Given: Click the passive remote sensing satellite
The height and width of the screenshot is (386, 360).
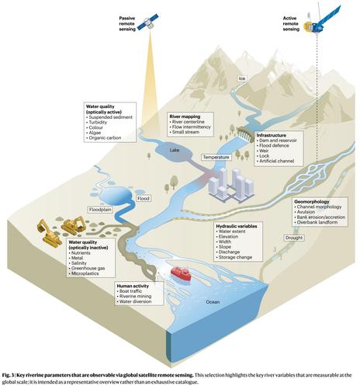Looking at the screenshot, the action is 148,22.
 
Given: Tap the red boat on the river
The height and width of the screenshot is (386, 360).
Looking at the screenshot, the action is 181,274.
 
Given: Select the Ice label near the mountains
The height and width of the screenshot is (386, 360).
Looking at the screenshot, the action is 242,78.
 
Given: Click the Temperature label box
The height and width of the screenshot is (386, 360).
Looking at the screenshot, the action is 216,157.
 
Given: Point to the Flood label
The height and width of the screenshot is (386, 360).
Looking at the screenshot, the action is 144,199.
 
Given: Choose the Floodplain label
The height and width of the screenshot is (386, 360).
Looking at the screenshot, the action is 100,210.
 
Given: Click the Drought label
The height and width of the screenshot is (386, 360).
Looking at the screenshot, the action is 294,238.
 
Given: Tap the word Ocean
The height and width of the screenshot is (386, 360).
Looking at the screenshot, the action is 213,302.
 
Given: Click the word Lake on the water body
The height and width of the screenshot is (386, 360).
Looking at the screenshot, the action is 175,150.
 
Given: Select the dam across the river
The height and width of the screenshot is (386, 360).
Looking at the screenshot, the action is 244,133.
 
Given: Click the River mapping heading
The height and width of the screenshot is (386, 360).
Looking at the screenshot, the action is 185,116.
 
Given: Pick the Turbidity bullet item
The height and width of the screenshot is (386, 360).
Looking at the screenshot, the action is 96,122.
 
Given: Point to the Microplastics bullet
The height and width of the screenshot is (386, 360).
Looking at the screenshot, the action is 84,273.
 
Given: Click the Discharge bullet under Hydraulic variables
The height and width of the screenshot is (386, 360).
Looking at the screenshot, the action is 228,252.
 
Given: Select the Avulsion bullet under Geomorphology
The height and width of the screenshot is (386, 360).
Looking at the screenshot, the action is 305,212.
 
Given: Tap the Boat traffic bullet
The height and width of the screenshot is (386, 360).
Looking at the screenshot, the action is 130,291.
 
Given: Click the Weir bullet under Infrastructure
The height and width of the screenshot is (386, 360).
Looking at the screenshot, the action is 263,151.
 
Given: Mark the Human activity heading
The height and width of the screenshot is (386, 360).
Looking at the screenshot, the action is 133,286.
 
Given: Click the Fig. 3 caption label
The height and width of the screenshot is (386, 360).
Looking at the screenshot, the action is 8,375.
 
